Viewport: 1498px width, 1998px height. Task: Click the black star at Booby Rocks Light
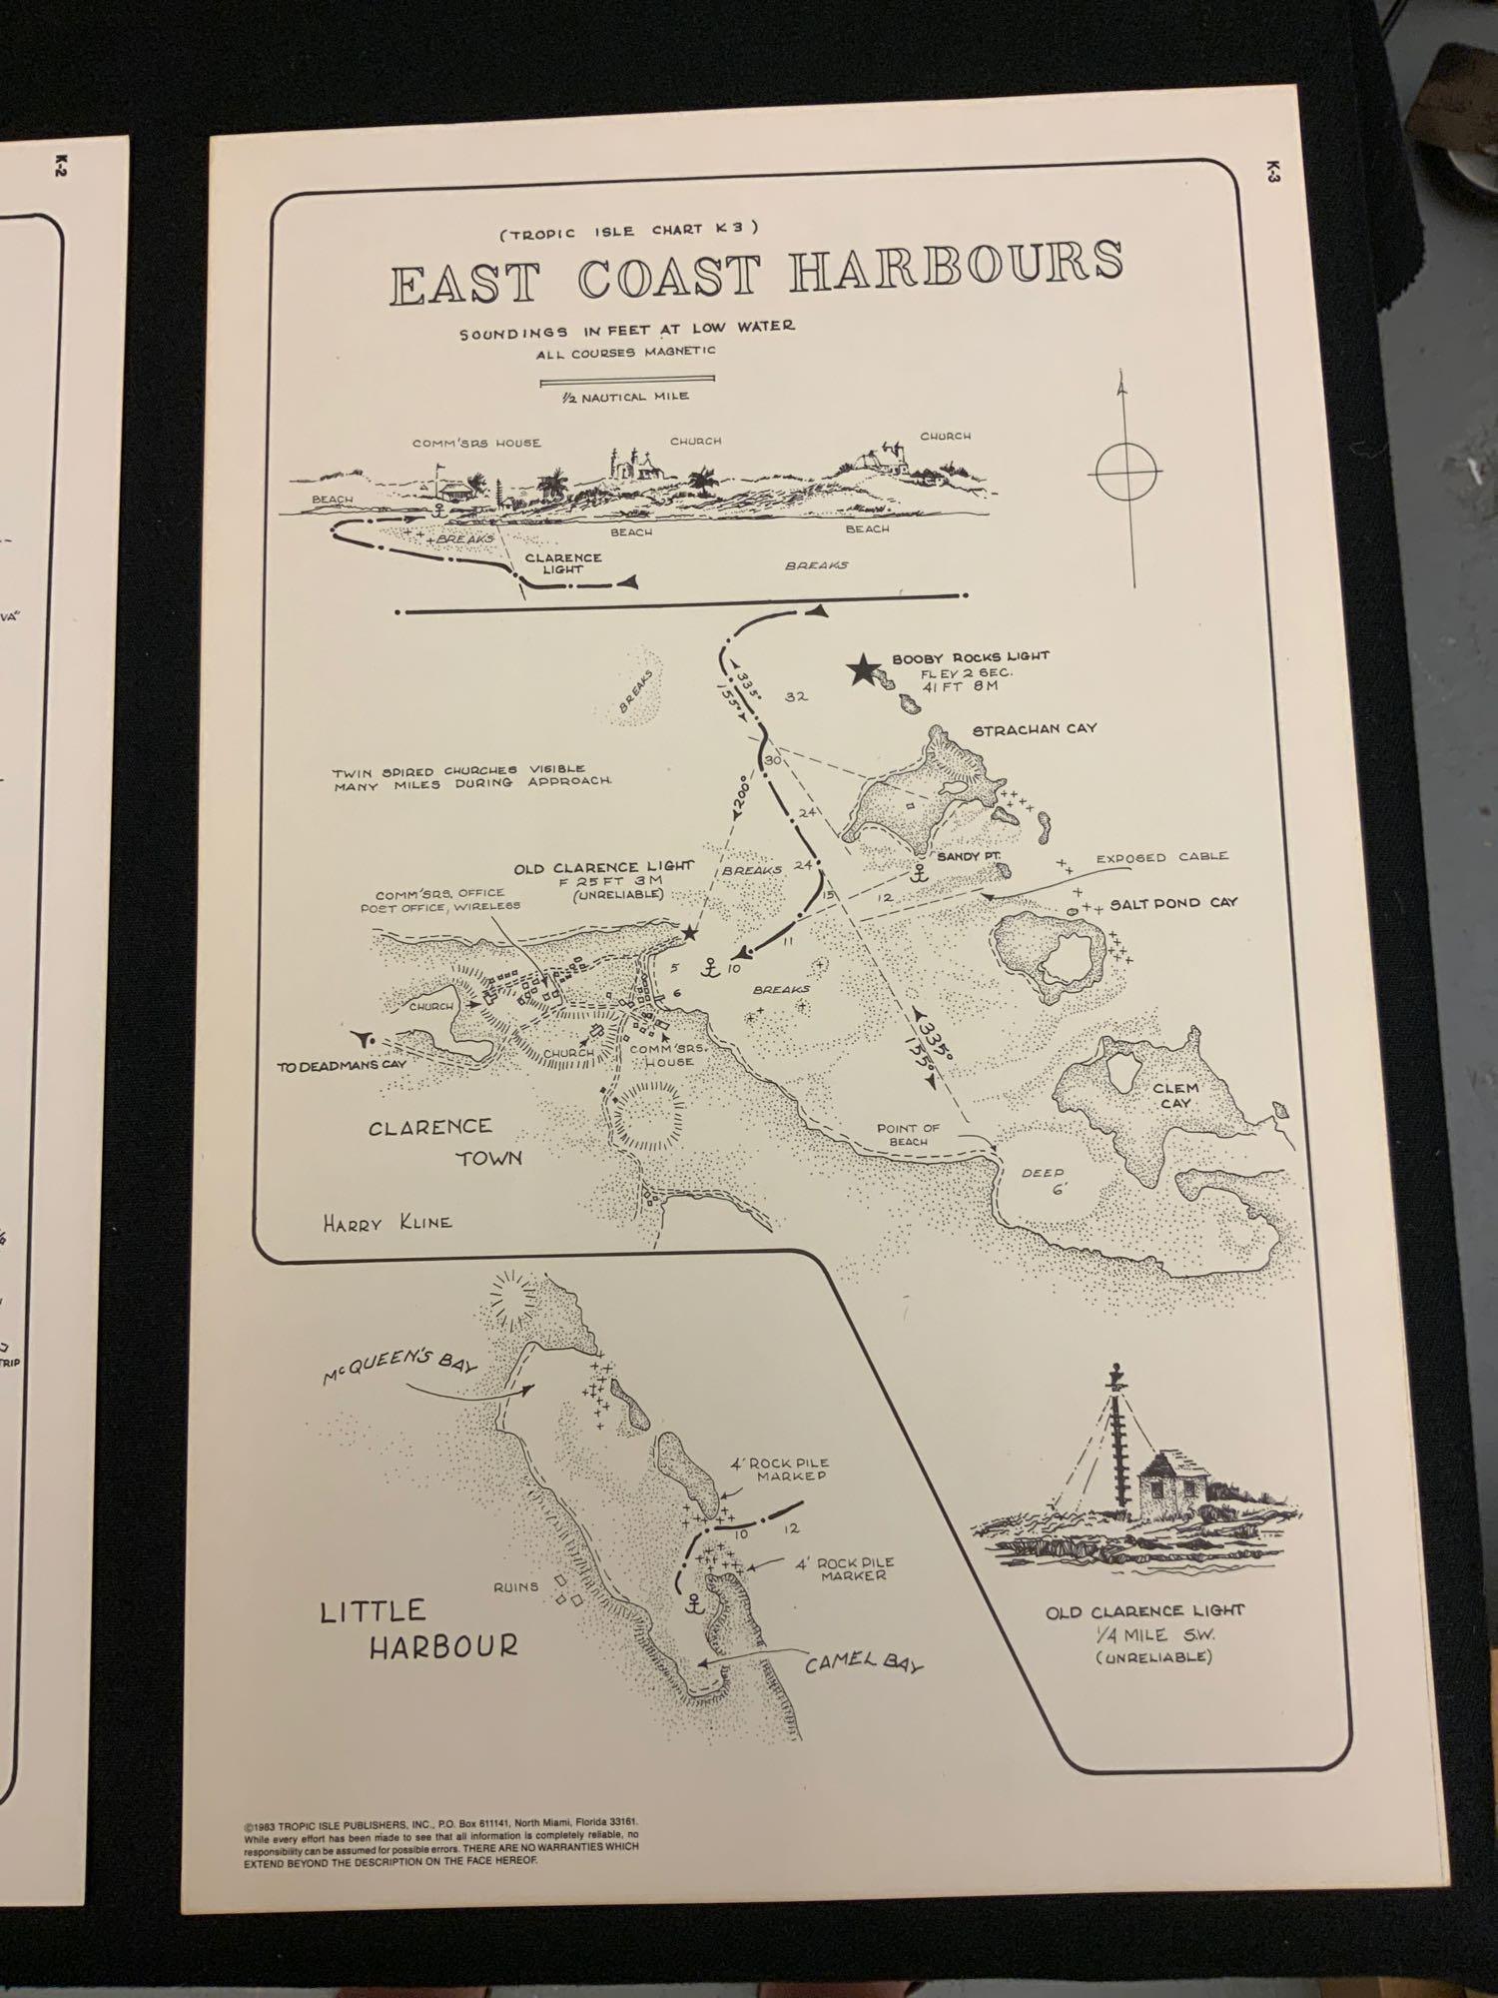pyautogui.click(x=862, y=670)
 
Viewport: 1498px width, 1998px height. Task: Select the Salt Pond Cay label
pyautogui.click(x=1173, y=903)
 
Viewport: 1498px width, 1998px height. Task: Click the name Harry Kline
pyautogui.click(x=386, y=1222)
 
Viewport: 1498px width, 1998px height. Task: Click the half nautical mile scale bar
pyautogui.click(x=627, y=381)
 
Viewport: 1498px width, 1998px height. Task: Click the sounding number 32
pyautogui.click(x=796, y=697)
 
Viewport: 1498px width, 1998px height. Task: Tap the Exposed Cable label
pyautogui.click(x=1161, y=857)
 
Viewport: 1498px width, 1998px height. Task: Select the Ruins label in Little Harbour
pyautogui.click(x=515, y=1585)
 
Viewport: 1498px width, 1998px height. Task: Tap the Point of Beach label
pyautogui.click(x=909, y=1134)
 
